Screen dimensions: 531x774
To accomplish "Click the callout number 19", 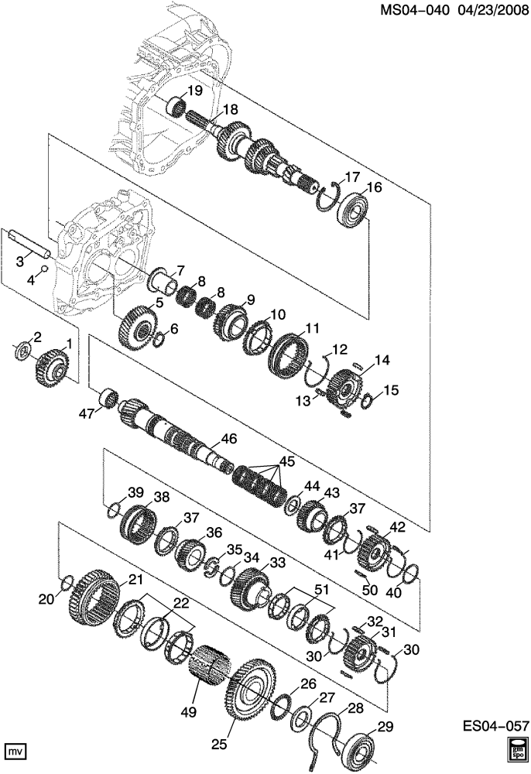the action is (x=195, y=91).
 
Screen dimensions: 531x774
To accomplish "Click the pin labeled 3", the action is (x=43, y=269).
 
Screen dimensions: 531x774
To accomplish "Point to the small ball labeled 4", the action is (x=43, y=269).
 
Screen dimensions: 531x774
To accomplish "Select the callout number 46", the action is (x=229, y=439).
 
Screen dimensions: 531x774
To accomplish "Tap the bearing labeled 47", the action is (x=110, y=399).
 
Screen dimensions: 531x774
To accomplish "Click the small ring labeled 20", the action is (x=67, y=583).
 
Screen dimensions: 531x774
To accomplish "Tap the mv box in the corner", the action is (x=15, y=751).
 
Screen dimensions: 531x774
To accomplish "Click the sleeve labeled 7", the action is (x=164, y=282).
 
